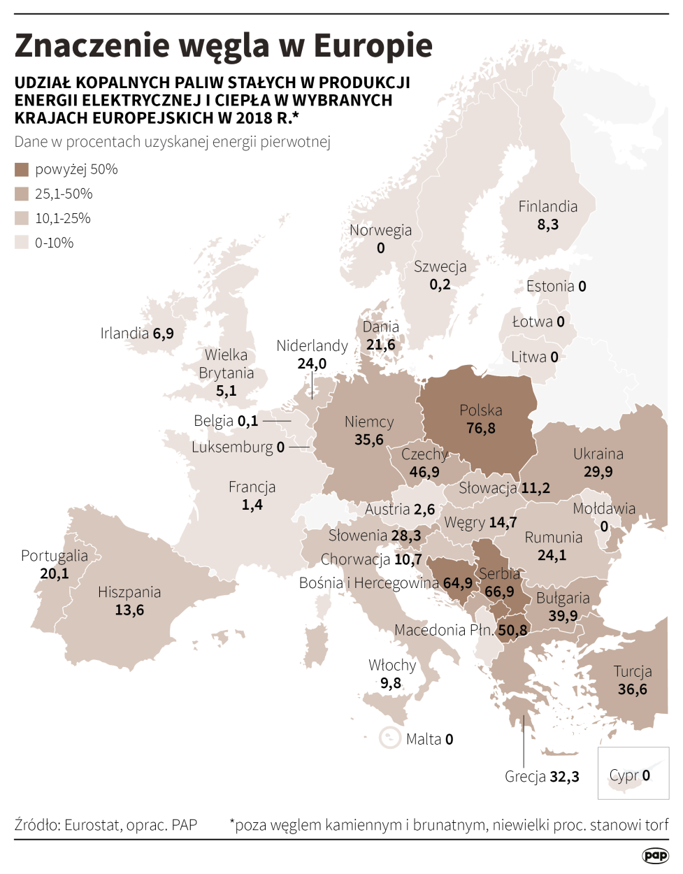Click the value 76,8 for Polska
pyautogui.click(x=481, y=429)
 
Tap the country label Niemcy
pyautogui.click(x=369, y=422)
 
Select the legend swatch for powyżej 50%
pyautogui.click(x=22, y=169)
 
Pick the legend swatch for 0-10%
pyautogui.click(x=22, y=243)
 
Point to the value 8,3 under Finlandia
pyautogui.click(x=548, y=224)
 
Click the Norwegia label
pyautogui.click(x=380, y=231)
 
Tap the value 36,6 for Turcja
pyautogui.click(x=633, y=689)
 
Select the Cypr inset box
pyautogui.click(x=633, y=772)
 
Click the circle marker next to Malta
pyautogui.click(x=389, y=738)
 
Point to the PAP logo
pyautogui.click(x=655, y=856)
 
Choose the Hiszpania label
pyautogui.click(x=129, y=592)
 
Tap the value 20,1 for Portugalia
pyautogui.click(x=55, y=574)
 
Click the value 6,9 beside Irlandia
pyautogui.click(x=164, y=334)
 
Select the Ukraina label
pyautogui.click(x=598, y=454)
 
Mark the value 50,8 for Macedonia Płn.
pyautogui.click(x=512, y=631)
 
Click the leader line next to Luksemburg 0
pyautogui.click(x=299, y=447)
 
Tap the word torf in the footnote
pyautogui.click(x=656, y=825)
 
